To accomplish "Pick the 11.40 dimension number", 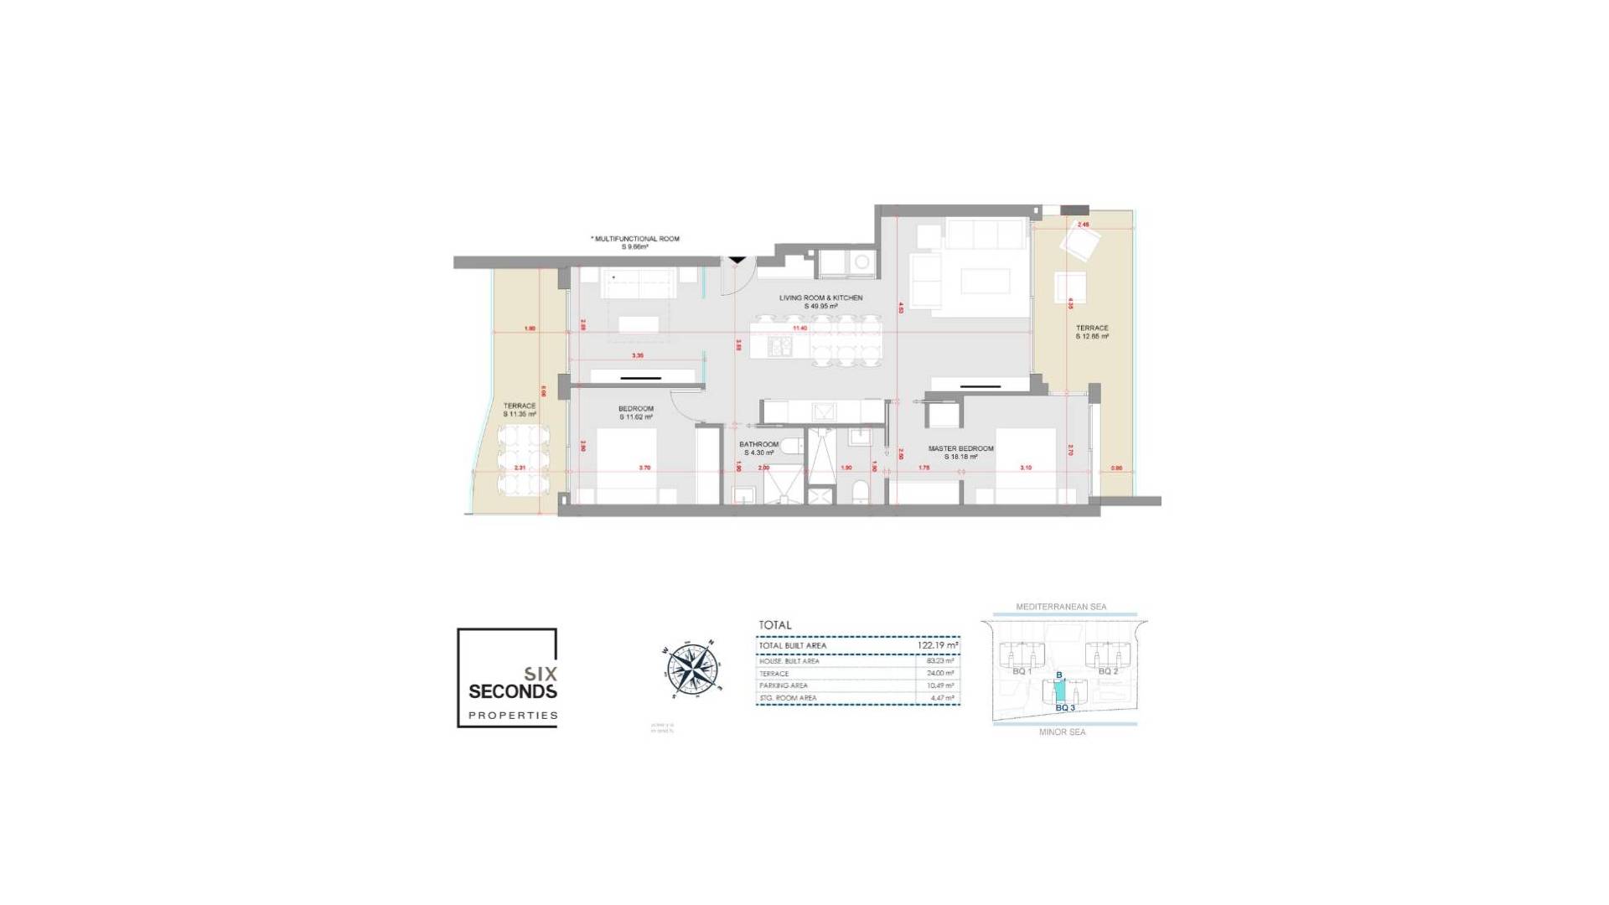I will tap(799, 328).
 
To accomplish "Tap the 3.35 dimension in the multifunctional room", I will tap(638, 355).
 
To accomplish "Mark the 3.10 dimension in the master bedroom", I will tap(1026, 468).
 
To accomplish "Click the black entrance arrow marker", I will tap(737, 261).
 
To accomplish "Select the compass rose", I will tap(694, 670).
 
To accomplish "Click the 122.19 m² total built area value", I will tap(938, 645).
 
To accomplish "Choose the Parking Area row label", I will tap(784, 685).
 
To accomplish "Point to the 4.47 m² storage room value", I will tap(942, 697).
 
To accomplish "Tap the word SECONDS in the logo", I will tap(512, 691).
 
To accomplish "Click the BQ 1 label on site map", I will tap(1021, 671).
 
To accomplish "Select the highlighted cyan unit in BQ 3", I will tap(1059, 691).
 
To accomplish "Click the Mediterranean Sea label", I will tap(1061, 607).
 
